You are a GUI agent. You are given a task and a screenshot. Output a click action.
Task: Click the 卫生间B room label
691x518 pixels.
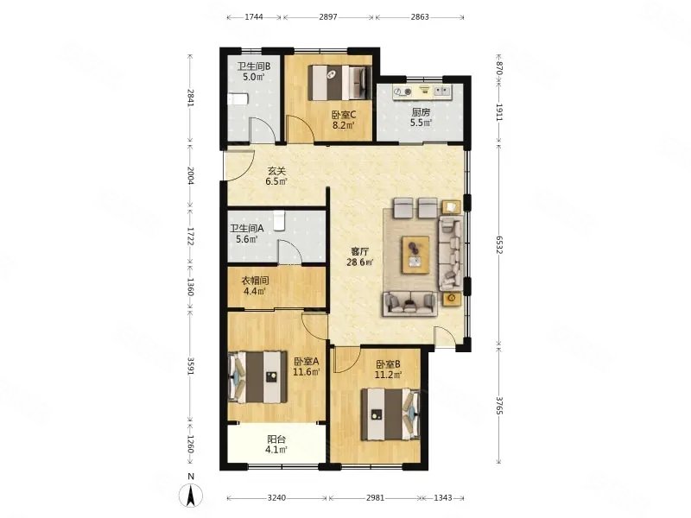(254, 66)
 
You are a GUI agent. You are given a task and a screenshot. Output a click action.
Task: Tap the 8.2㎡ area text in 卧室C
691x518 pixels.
(344, 125)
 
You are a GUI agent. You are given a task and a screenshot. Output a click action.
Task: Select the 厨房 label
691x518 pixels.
(421, 112)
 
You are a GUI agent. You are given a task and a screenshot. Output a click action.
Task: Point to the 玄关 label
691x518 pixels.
(276, 170)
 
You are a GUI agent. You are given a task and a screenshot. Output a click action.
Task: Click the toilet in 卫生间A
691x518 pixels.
(279, 221)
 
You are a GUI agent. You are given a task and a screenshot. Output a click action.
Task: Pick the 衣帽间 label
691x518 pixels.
(255, 281)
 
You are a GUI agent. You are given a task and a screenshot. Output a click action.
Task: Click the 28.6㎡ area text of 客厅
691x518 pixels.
(359, 262)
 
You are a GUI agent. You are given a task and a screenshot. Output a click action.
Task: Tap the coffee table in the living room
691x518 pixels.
(415, 255)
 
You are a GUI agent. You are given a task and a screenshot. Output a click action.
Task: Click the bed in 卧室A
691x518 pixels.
(257, 376)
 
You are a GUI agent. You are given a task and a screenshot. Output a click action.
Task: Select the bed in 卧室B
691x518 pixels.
(390, 414)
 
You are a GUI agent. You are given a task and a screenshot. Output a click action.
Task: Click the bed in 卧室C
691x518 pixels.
(337, 82)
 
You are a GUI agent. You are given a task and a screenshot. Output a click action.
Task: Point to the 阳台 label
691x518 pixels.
(276, 439)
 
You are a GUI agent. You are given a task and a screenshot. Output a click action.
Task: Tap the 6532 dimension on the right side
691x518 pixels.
(499, 244)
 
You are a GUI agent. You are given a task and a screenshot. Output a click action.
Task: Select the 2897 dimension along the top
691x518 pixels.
(328, 17)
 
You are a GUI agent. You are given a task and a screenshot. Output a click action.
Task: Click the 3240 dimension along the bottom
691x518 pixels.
(276, 498)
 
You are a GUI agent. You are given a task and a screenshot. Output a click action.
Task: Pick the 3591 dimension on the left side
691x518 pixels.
(190, 366)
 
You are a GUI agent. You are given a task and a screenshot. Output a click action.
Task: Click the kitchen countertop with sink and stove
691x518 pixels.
(422, 92)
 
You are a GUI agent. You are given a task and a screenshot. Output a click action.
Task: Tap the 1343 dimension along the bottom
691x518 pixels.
(443, 498)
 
